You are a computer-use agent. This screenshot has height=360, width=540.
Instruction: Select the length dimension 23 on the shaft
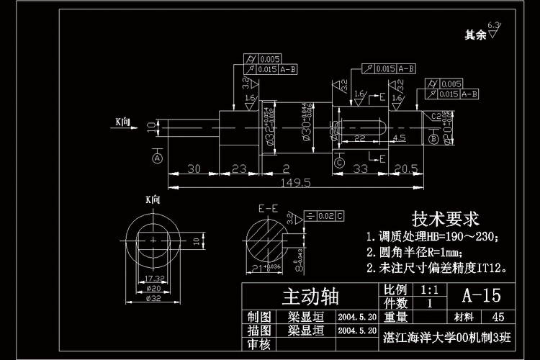pyautogui.click(x=240, y=168)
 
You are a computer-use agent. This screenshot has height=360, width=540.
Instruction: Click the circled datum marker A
pyautogui.click(x=157, y=156)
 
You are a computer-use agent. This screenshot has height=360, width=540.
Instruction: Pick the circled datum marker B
pyautogui.click(x=433, y=138)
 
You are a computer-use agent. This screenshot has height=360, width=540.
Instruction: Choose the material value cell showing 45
pyautogui.click(x=497, y=317)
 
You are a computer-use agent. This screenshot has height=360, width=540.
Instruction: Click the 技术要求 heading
pyautogui.click(x=445, y=219)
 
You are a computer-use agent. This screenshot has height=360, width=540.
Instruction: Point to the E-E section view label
pyautogui.click(x=268, y=209)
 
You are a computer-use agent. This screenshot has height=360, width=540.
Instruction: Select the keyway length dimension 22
pyautogui.click(x=360, y=138)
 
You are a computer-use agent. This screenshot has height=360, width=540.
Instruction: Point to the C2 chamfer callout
pyautogui.click(x=436, y=116)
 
